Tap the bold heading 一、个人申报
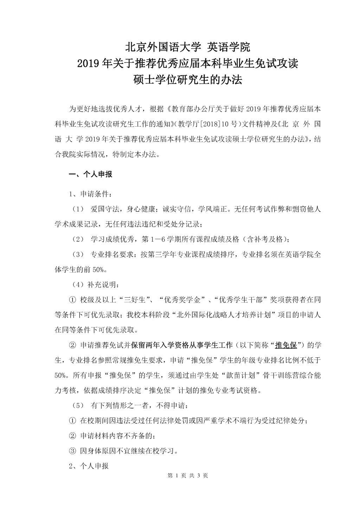[90, 174]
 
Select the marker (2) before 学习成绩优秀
[78, 240]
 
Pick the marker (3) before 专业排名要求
[78, 255]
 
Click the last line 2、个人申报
[89, 466]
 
